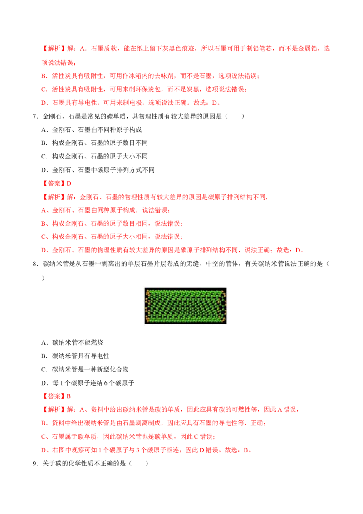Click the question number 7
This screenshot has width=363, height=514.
tap(35, 116)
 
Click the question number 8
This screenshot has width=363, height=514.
tap(35, 264)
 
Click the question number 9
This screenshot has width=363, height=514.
tap(35, 464)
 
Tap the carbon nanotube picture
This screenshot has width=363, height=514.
tap(186, 306)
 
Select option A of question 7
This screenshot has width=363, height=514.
tap(91, 130)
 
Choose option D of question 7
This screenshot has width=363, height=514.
tap(98, 170)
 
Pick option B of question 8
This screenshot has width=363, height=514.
tap(75, 356)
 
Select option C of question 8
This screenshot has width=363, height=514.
tap(84, 370)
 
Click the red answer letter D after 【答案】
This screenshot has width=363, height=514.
tap(69, 183)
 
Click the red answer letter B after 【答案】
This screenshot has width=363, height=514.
tap(69, 396)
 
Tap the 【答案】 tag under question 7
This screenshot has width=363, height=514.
tap(54, 183)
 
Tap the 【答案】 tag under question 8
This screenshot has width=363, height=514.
tap(54, 396)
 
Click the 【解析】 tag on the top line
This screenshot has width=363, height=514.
tap(54, 49)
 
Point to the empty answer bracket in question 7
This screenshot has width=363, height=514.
tap(234, 116)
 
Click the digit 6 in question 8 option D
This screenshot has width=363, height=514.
tap(106, 383)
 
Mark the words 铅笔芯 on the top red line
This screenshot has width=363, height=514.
tap(262, 49)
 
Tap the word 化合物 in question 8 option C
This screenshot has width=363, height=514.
tap(119, 370)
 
